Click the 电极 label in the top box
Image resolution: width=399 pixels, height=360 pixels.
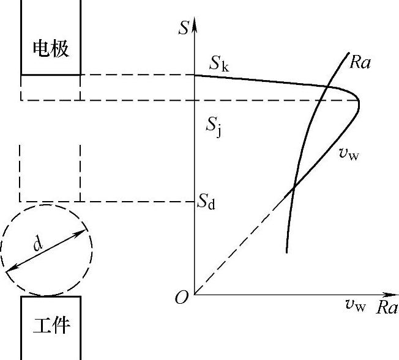[x=51, y=48]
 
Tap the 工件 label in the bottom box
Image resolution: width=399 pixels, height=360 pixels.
[x=51, y=326]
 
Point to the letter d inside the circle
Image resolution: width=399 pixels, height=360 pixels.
[x=38, y=244]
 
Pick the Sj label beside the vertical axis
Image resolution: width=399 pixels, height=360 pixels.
[x=213, y=127]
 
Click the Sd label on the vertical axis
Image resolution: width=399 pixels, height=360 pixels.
[x=206, y=202]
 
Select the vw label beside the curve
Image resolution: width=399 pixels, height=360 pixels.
[x=348, y=153]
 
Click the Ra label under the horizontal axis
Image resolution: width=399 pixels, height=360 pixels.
[x=387, y=307]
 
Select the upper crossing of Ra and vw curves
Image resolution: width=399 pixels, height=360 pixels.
[x=330, y=86]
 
